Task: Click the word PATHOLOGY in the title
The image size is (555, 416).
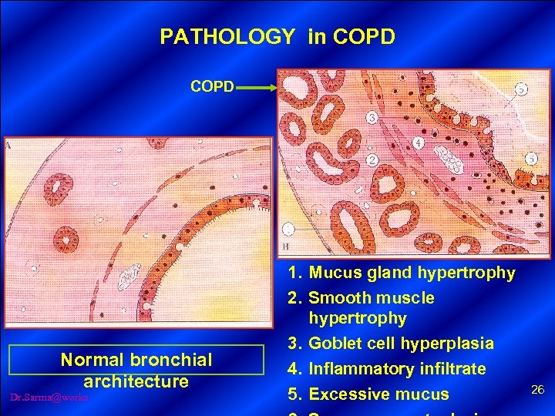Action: tap(227, 36)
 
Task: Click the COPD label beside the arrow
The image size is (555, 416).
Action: tap(212, 87)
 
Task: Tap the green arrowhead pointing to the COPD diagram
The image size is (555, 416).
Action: tap(271, 88)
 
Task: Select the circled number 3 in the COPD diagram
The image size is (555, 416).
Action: tap(372, 118)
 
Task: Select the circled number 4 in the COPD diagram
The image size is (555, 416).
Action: tap(417, 143)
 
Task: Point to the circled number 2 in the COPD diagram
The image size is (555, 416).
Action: tap(372, 160)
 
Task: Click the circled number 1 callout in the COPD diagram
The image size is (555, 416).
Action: tap(288, 228)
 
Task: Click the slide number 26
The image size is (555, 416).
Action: tap(538, 390)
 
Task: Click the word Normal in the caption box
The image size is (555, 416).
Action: tap(92, 360)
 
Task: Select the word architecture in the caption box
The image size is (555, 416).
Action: tap(136, 381)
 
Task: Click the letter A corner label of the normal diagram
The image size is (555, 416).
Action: tap(8, 144)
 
